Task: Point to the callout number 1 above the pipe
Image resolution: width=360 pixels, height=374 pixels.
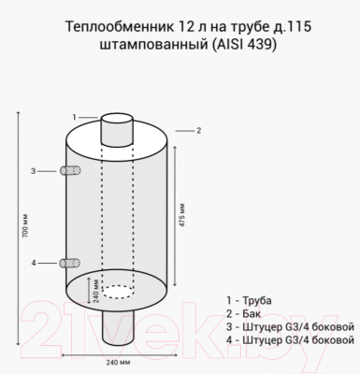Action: click(74, 116)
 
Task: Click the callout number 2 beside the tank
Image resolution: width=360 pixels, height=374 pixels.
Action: click(199, 132)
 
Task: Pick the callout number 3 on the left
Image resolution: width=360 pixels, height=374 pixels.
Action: click(35, 171)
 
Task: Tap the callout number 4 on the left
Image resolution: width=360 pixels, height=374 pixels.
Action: click(35, 263)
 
